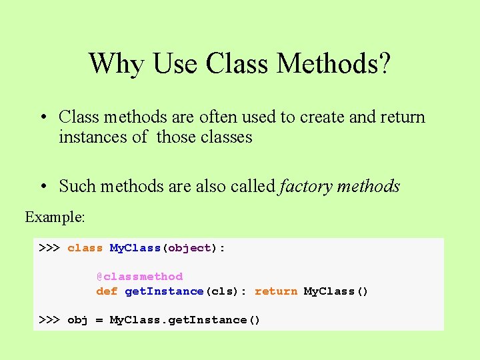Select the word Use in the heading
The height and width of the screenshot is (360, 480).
pyautogui.click(x=177, y=64)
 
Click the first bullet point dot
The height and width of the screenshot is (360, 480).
pyautogui.click(x=42, y=117)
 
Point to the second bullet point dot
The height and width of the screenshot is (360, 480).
pyautogui.click(x=42, y=187)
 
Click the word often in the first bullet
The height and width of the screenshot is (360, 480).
pyautogui.click(x=219, y=117)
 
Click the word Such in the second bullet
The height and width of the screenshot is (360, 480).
pyautogui.click(x=75, y=187)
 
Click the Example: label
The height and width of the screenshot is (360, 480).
pyautogui.click(x=55, y=217)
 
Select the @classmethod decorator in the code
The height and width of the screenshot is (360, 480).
pyautogui.click(x=139, y=277)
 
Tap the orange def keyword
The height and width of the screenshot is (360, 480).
pyautogui.click(x=107, y=291)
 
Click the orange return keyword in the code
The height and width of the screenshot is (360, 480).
pyautogui.click(x=276, y=291)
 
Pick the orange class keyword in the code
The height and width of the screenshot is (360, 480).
pyautogui.click(x=85, y=248)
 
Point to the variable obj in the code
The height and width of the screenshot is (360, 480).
pyautogui.click(x=78, y=320)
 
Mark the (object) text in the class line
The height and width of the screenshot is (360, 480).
pyautogui.click(x=190, y=248)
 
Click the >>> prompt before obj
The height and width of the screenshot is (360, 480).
pyautogui.click(x=49, y=320)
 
